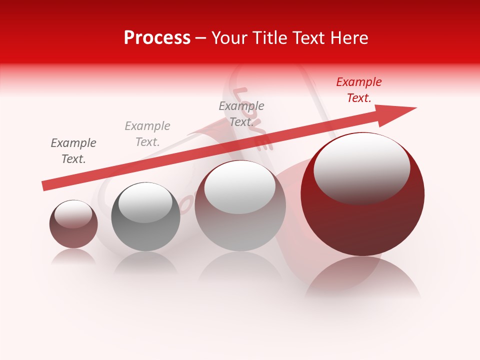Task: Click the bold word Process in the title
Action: coord(157,38)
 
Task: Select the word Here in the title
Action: coord(348,38)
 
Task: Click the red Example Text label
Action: coord(359,90)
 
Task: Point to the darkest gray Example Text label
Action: coord(73,151)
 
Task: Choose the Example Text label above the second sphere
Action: coord(147,134)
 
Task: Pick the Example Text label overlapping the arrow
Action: coord(241,114)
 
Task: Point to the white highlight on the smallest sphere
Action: coord(73,214)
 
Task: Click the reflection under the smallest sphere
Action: coord(73,256)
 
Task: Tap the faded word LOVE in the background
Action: coord(252,117)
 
